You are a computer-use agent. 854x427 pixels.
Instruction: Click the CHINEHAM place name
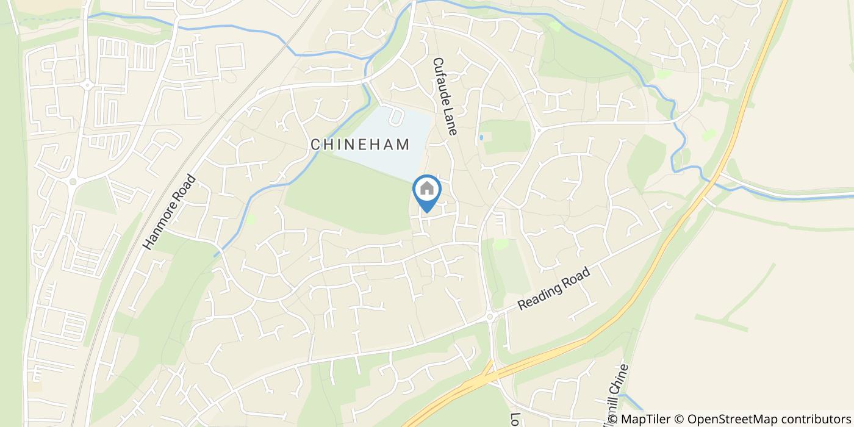pos(359,145)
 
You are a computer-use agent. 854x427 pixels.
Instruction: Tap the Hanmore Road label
pos(170,212)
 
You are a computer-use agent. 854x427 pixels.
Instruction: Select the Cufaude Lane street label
pos(445,96)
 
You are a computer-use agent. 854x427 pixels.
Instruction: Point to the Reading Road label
pos(554,289)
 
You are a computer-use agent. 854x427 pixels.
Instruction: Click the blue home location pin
pos(427,191)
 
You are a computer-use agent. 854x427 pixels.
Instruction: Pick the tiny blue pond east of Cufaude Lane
pos(481,137)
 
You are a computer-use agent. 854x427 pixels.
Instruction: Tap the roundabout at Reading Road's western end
pos(490,317)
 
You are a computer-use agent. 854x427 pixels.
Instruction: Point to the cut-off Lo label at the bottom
pos(514,420)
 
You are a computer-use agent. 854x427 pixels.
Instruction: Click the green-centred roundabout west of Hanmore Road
pos(73,181)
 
